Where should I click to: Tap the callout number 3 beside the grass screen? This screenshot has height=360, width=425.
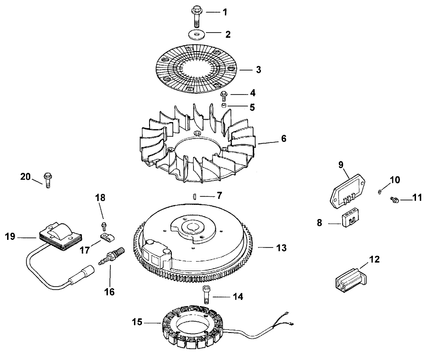pyautogui.click(x=258, y=70)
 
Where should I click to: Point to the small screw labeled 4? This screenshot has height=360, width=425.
pyautogui.click(x=225, y=96)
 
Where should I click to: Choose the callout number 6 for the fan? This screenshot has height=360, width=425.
pyautogui.click(x=283, y=139)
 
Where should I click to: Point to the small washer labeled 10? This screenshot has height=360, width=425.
pyautogui.click(x=380, y=191)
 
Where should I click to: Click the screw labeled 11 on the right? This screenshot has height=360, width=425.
pyautogui.click(x=393, y=201)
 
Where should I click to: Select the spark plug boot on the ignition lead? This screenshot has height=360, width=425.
pyautogui.click(x=77, y=276)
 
